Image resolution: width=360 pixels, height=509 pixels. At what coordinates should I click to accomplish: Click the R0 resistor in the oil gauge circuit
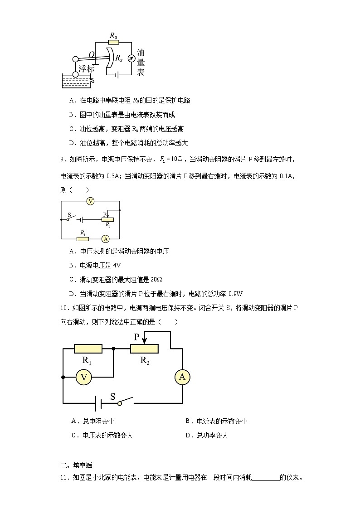[x=113, y=43]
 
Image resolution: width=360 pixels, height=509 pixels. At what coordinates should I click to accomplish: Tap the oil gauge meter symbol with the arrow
[x=131, y=58]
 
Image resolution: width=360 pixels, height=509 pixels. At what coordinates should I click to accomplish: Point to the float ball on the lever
[x=75, y=59]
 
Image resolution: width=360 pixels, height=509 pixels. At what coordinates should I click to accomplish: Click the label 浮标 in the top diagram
[x=86, y=68]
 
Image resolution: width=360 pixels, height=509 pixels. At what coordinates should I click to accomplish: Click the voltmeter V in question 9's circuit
[x=90, y=201]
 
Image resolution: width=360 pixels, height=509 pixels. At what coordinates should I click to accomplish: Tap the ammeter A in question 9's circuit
[x=105, y=238]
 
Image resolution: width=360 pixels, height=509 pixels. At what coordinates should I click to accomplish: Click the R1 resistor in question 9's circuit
[x=83, y=238]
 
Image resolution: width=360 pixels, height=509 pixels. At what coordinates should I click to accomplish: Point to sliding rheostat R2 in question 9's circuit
[x=107, y=219]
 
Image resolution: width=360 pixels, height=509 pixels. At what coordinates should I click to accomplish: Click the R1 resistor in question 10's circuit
[x=88, y=349]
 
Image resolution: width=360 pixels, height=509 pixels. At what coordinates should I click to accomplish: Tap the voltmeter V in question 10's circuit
[x=83, y=377]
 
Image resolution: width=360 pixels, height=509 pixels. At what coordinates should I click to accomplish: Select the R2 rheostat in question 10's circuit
[x=144, y=349]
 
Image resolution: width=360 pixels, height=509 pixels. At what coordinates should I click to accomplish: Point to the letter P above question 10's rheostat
[x=136, y=337]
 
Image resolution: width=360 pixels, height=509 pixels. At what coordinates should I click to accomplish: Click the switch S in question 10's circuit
[x=126, y=401]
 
